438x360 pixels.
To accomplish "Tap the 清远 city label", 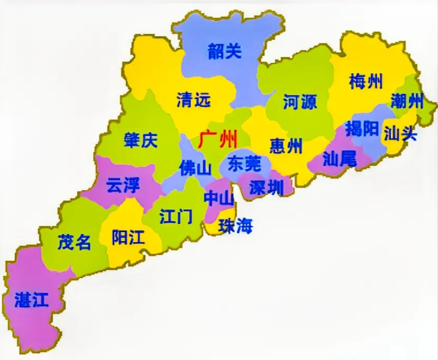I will click(x=194, y=100).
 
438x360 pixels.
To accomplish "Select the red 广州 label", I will click(x=218, y=139).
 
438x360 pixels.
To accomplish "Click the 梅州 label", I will click(x=366, y=82).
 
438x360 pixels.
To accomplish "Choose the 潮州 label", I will click(x=407, y=100).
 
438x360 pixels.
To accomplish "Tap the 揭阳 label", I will click(x=362, y=129).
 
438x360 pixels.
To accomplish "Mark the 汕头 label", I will click(x=401, y=133).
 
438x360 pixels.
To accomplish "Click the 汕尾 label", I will click(x=340, y=159).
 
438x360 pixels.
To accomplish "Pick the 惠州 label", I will click(x=286, y=146).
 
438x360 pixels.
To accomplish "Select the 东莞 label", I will click(x=245, y=164).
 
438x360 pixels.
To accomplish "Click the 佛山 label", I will click(x=196, y=169).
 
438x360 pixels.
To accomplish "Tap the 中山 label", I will click(x=219, y=198).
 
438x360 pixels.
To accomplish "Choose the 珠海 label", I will click(x=235, y=226).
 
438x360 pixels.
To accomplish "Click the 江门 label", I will click(x=176, y=216).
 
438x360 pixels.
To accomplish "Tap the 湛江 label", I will click(x=31, y=300).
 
